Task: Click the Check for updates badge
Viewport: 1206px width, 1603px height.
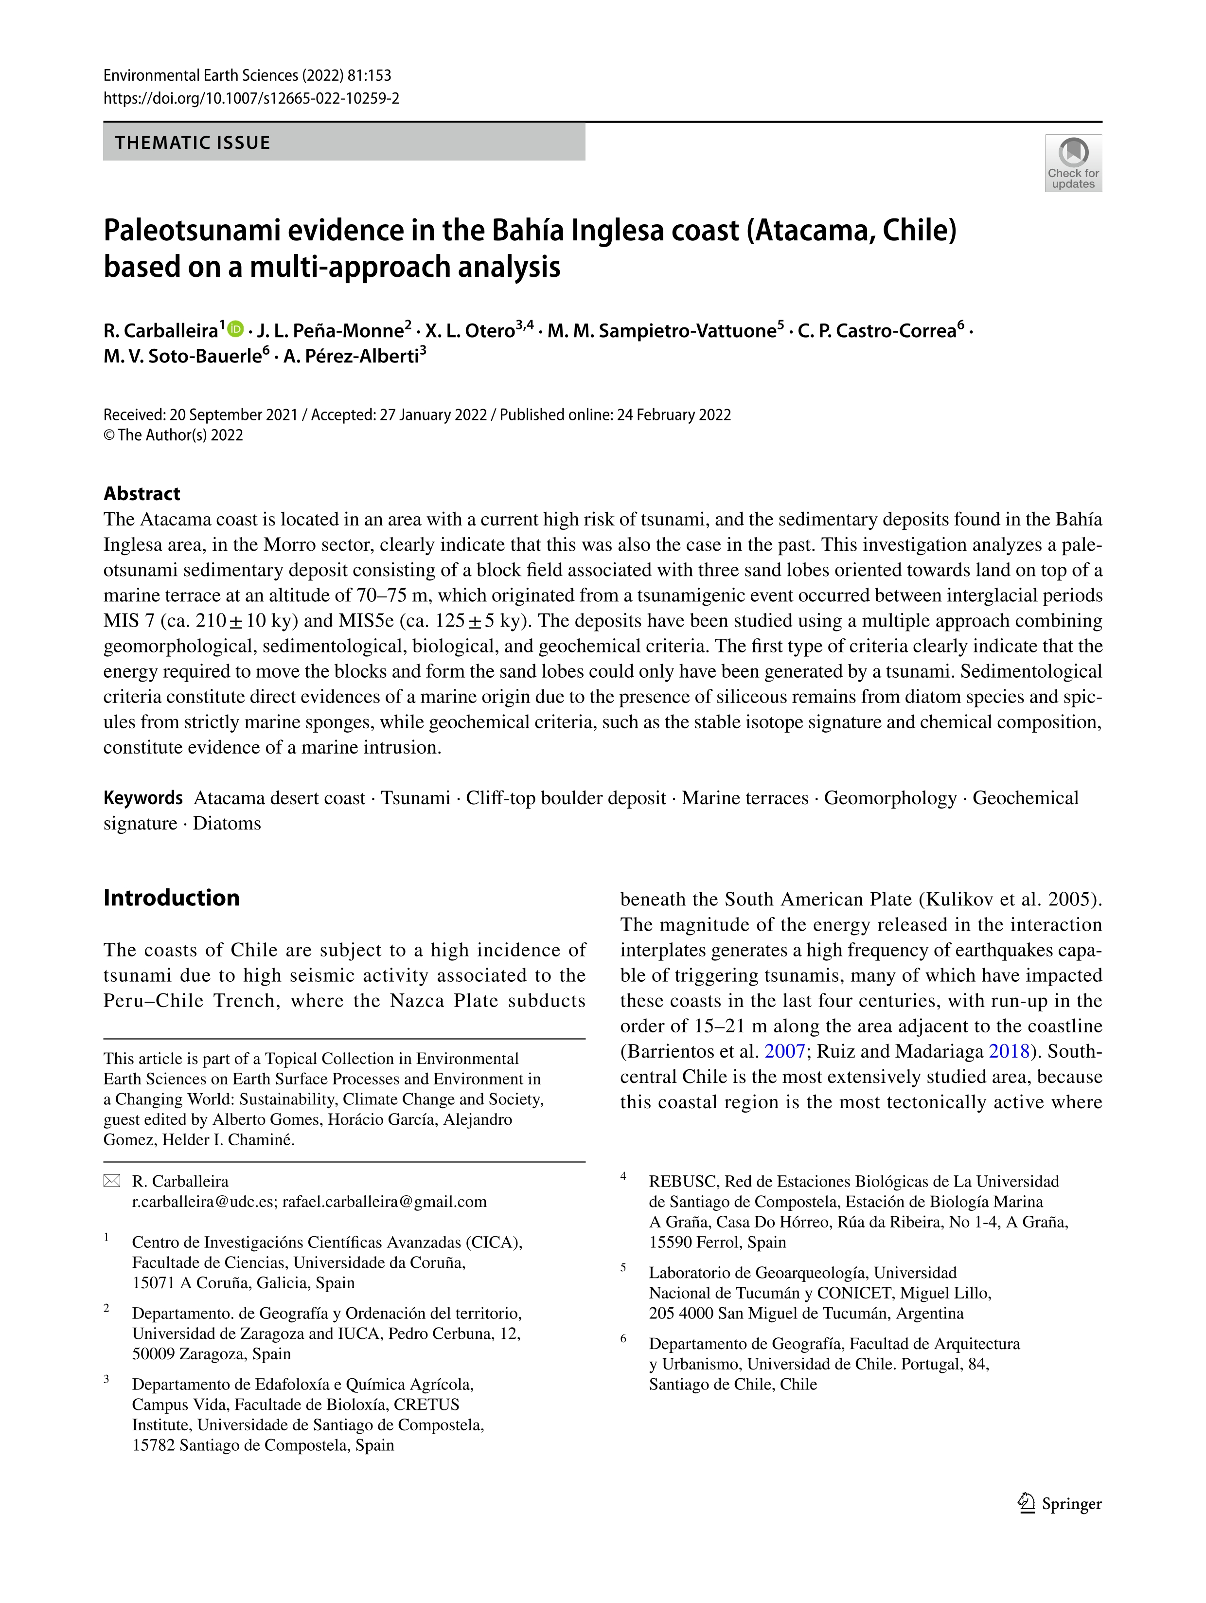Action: point(1073,163)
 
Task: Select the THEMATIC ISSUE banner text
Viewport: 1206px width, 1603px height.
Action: point(193,143)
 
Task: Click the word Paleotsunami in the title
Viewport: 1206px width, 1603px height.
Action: point(191,231)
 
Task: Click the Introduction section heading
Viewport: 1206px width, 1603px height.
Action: point(172,897)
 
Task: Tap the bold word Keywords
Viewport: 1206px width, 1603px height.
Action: point(142,798)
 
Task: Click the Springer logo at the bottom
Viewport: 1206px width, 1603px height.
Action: point(1060,1504)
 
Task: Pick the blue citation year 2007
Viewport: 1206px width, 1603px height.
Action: point(784,1051)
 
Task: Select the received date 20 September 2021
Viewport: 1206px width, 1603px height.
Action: point(233,414)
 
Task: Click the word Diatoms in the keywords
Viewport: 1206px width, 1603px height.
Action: point(227,823)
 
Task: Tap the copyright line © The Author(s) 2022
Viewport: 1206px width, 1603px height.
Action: point(173,435)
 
